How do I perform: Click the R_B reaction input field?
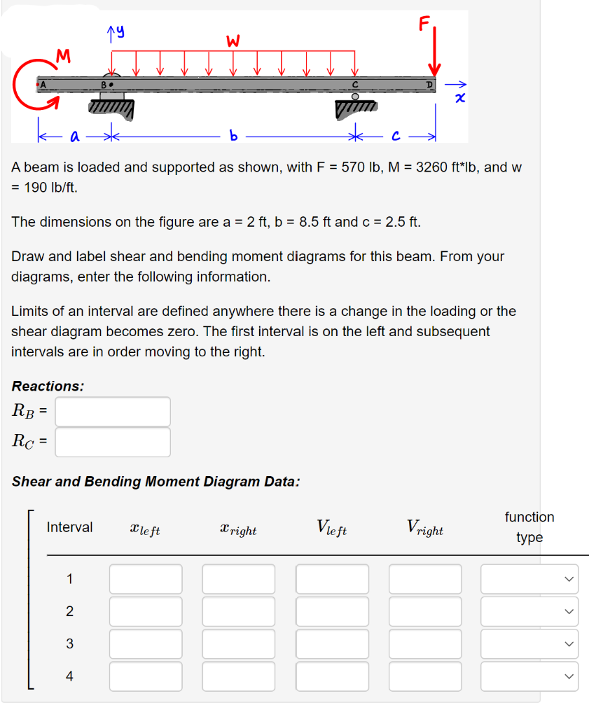(x=113, y=412)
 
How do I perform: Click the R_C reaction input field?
(x=113, y=442)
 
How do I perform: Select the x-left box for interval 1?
(x=146, y=579)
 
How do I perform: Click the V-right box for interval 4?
(x=426, y=676)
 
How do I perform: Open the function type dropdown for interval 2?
(x=529, y=611)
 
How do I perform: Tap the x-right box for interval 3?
(x=239, y=644)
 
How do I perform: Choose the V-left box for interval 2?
(x=332, y=611)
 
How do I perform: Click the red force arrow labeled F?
(x=434, y=53)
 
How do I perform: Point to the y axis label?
(x=115, y=29)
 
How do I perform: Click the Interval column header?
(x=69, y=527)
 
